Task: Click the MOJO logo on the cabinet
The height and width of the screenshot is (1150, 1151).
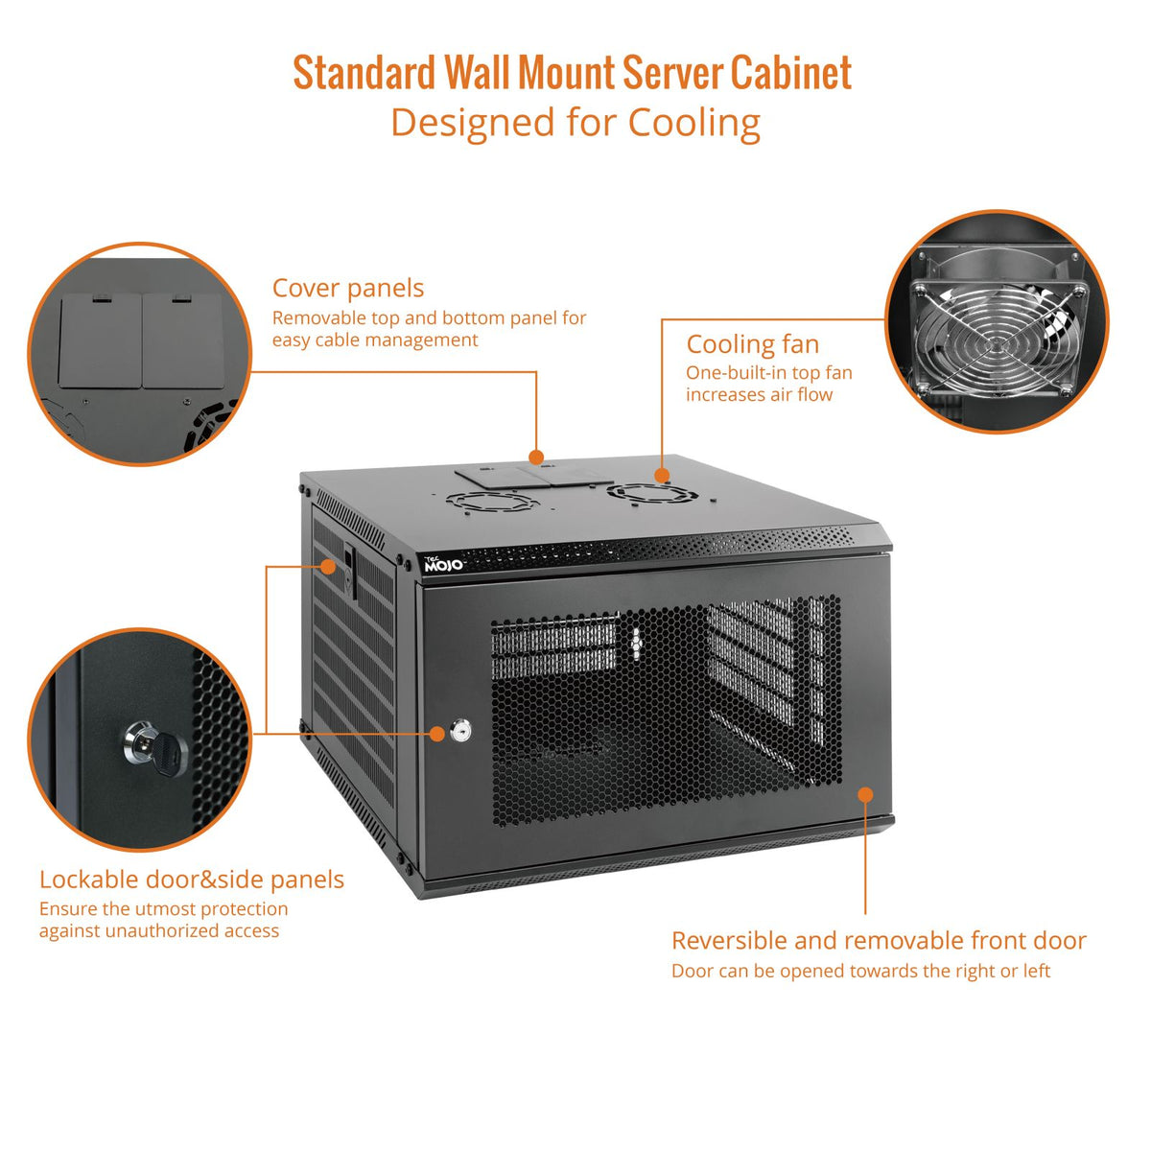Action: click(x=443, y=564)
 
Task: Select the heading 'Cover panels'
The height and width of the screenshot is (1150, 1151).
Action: click(x=347, y=288)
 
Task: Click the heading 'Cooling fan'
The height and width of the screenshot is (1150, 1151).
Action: click(x=752, y=344)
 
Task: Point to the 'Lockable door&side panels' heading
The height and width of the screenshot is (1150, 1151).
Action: click(x=191, y=880)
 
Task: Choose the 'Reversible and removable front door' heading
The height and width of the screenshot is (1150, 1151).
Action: click(x=879, y=941)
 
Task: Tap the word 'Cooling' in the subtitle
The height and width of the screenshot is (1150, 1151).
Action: click(x=693, y=123)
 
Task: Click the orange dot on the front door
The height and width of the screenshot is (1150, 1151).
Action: click(x=865, y=794)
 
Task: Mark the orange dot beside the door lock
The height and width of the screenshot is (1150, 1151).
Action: click(x=436, y=734)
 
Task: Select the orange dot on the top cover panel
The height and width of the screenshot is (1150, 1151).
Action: click(x=536, y=458)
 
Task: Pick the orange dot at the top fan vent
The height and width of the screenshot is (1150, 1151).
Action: click(x=662, y=475)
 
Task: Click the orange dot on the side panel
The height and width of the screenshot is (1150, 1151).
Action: click(x=329, y=566)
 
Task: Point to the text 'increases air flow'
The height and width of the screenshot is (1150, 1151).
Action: click(x=759, y=395)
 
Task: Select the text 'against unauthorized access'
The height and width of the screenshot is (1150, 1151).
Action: click(x=159, y=931)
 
